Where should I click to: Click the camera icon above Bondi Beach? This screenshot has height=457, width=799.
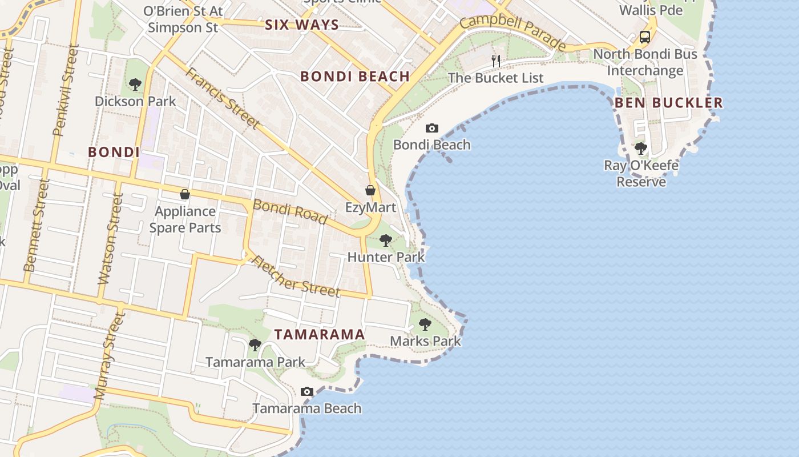[x=432, y=129]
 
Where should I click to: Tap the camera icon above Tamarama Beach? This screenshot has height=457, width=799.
[x=307, y=392]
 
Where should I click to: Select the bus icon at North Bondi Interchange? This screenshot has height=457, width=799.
[x=645, y=38]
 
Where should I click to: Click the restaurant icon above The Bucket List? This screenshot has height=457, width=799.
[x=496, y=61]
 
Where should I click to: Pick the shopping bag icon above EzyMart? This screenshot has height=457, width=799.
[x=370, y=190]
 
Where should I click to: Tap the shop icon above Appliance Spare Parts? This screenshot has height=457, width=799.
[x=184, y=194]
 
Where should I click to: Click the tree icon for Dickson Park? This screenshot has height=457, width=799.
[x=135, y=85]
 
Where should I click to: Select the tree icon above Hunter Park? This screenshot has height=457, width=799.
[x=386, y=240]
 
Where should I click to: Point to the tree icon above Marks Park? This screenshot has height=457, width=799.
[x=425, y=324]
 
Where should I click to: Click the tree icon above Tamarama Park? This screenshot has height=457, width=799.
[x=255, y=345]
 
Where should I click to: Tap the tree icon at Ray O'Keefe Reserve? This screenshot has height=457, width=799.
[x=641, y=149]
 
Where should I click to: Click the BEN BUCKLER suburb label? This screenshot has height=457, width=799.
[x=668, y=103]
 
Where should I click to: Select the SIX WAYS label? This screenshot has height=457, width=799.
[x=302, y=25]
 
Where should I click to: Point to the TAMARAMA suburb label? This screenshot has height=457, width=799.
[x=320, y=335]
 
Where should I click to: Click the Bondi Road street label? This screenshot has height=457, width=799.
[x=290, y=211]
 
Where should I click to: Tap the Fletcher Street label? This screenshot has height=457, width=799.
[x=296, y=276]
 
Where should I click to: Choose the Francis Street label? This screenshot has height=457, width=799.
[x=222, y=98]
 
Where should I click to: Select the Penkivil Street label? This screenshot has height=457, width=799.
[x=64, y=91]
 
